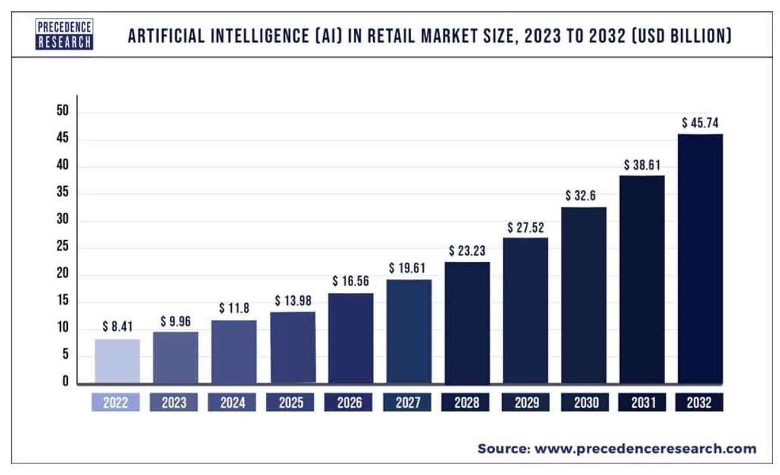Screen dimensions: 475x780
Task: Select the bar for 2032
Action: [x=699, y=259]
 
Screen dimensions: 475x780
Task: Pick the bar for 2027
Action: [x=408, y=331]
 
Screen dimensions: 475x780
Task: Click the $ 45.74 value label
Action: [x=700, y=122]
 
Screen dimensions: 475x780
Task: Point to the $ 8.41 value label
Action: [x=117, y=327]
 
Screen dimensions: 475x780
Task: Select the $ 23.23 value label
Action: [x=467, y=251]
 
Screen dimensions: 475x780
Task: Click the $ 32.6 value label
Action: [x=583, y=195]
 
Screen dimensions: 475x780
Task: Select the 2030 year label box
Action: [x=583, y=403]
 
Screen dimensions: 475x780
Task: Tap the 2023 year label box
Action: [x=175, y=403]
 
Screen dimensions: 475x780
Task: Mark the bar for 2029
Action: [x=525, y=311]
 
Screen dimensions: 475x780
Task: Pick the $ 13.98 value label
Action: [x=292, y=300]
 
